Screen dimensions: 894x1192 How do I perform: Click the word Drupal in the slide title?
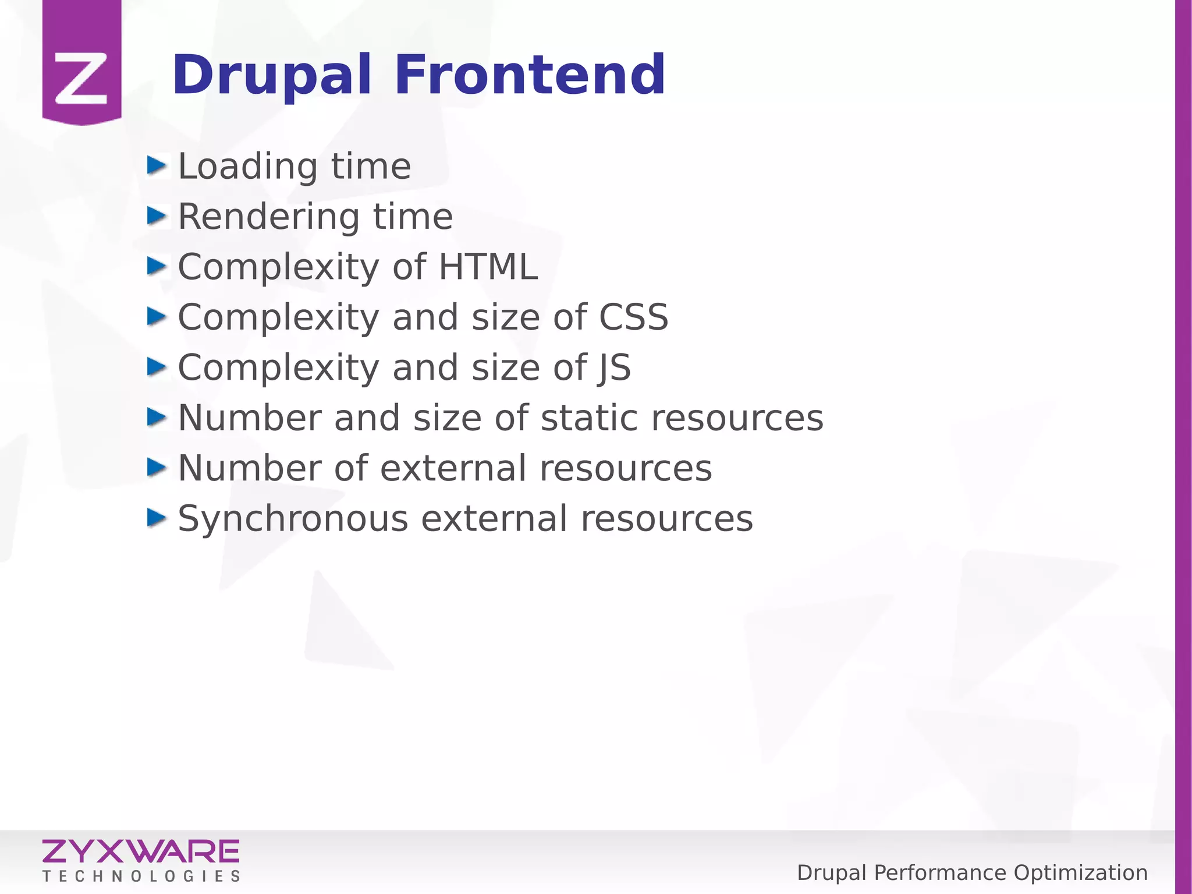(271, 76)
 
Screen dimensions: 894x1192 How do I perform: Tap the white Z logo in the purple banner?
(81, 78)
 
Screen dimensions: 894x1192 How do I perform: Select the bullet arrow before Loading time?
(156, 165)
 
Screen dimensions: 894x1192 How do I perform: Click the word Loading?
(247, 167)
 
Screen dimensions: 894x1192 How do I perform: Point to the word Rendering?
(268, 218)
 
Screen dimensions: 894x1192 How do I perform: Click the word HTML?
(488, 267)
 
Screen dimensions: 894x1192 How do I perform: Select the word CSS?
(633, 317)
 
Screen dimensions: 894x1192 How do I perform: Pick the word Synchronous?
(293, 519)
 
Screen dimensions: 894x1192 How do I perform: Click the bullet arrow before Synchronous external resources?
(156, 517)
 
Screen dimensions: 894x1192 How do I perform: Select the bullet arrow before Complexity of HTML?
(156, 266)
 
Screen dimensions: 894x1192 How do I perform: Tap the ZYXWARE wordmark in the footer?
(140, 851)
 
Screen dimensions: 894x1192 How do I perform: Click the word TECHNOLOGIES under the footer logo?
(141, 877)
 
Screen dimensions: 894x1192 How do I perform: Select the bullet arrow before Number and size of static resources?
(156, 417)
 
